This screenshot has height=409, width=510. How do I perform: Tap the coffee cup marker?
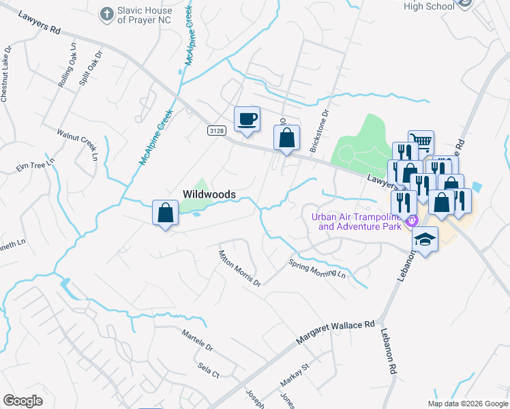[247, 119]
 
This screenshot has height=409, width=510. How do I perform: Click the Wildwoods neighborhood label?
[209, 194]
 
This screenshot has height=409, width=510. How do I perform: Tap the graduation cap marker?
[425, 239]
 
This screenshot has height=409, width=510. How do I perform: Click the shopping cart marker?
[421, 142]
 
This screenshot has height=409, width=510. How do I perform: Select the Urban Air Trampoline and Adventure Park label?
[359, 222]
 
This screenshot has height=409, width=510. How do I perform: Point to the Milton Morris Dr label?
[239, 268]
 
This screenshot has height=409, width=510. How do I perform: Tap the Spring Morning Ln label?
[317, 269]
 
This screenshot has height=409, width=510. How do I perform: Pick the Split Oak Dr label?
[90, 67]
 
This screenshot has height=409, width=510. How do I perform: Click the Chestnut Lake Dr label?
[6, 75]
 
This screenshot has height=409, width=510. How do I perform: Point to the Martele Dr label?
[198, 341]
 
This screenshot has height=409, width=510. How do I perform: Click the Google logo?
[23, 401]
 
